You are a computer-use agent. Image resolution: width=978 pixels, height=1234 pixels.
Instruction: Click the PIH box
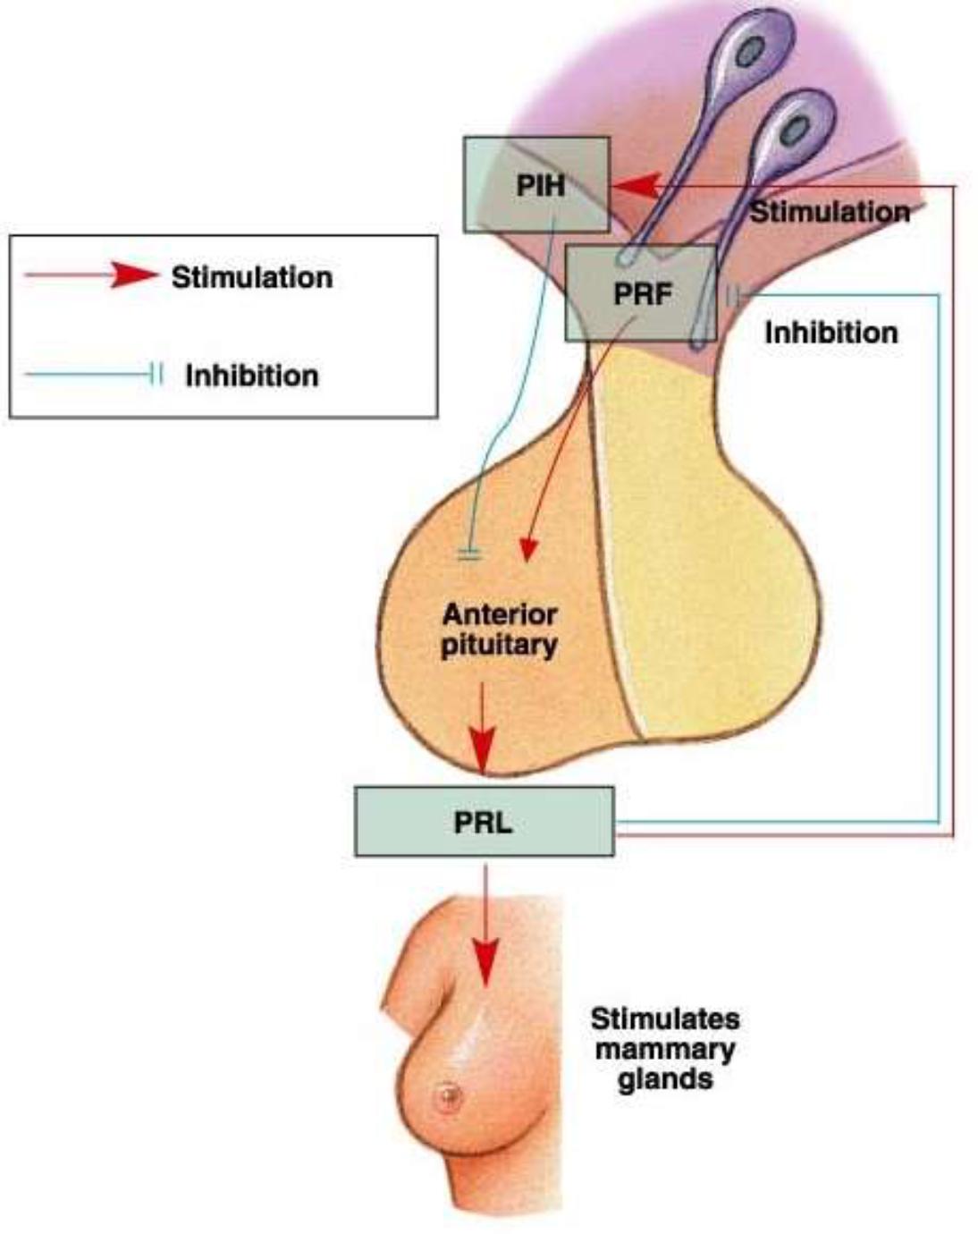(x=536, y=185)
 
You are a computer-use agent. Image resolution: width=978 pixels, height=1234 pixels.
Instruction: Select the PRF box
(x=641, y=293)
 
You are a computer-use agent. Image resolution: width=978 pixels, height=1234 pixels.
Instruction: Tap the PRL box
(x=484, y=822)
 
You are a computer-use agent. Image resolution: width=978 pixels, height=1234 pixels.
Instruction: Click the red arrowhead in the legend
(x=134, y=275)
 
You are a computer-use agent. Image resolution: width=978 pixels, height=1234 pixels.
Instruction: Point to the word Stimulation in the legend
(x=252, y=277)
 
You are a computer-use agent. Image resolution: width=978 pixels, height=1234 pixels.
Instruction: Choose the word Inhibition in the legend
(x=252, y=376)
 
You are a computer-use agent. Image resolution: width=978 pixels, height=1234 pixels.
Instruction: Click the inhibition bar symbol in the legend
(x=156, y=375)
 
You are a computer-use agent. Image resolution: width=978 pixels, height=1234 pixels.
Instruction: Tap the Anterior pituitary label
(x=499, y=630)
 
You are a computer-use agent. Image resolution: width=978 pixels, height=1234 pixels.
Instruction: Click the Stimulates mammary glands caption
(x=665, y=1048)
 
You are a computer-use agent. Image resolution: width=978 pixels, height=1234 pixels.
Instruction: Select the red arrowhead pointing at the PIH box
(x=637, y=187)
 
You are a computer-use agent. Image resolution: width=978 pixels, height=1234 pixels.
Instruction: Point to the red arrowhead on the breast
(x=485, y=961)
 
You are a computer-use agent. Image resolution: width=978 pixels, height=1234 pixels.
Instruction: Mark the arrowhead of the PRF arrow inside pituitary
(x=528, y=549)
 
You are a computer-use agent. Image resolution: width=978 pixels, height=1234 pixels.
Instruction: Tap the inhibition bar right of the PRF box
(x=733, y=295)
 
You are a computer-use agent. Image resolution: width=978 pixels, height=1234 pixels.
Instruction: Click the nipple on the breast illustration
(x=448, y=1095)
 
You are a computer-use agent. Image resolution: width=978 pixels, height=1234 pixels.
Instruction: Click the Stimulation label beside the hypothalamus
(x=830, y=212)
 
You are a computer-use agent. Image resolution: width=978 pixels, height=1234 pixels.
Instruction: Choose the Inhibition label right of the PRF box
(x=830, y=333)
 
